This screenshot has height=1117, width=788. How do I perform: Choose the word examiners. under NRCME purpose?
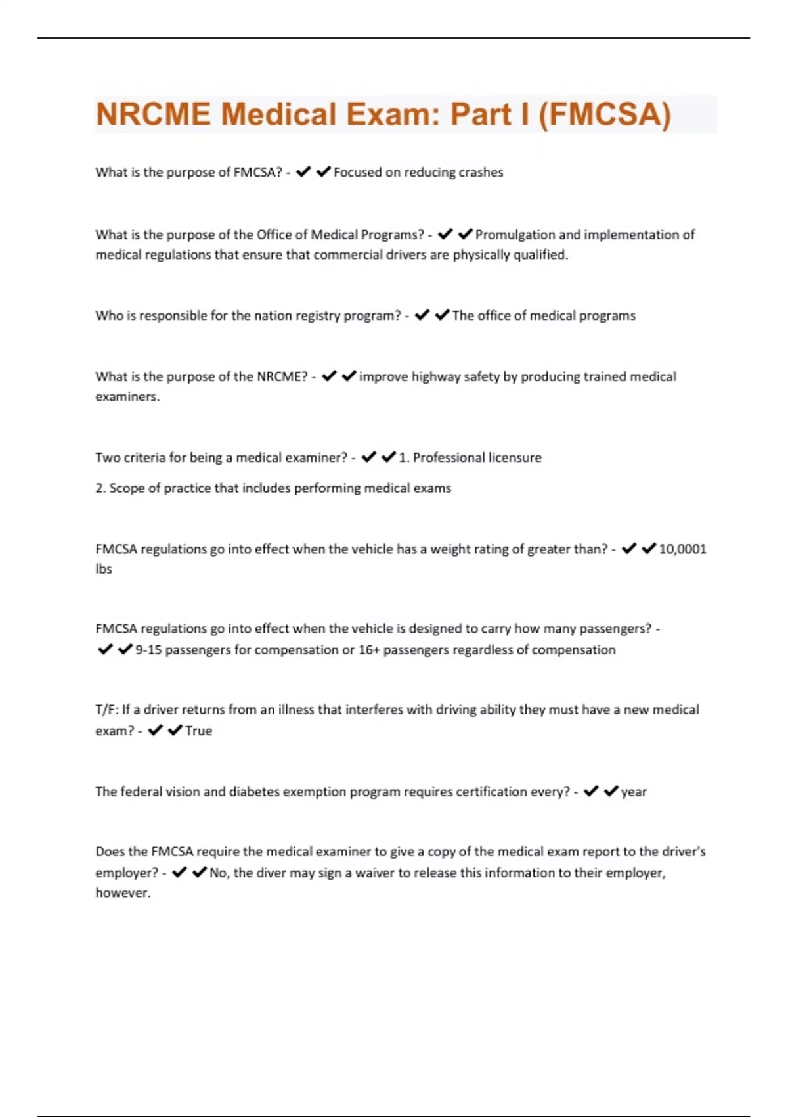point(127,397)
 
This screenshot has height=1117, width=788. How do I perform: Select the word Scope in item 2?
point(125,488)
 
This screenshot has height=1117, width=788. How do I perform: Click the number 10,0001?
point(682,549)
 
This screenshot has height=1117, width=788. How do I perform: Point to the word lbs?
point(104,569)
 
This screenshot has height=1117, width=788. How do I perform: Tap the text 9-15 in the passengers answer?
point(148,650)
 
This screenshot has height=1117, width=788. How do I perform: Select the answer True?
point(198,731)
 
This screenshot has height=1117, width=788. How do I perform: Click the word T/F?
point(106,710)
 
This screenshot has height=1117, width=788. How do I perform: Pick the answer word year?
point(634,792)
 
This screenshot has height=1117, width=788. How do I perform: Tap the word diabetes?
point(253,792)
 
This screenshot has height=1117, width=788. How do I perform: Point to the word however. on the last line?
point(123,893)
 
